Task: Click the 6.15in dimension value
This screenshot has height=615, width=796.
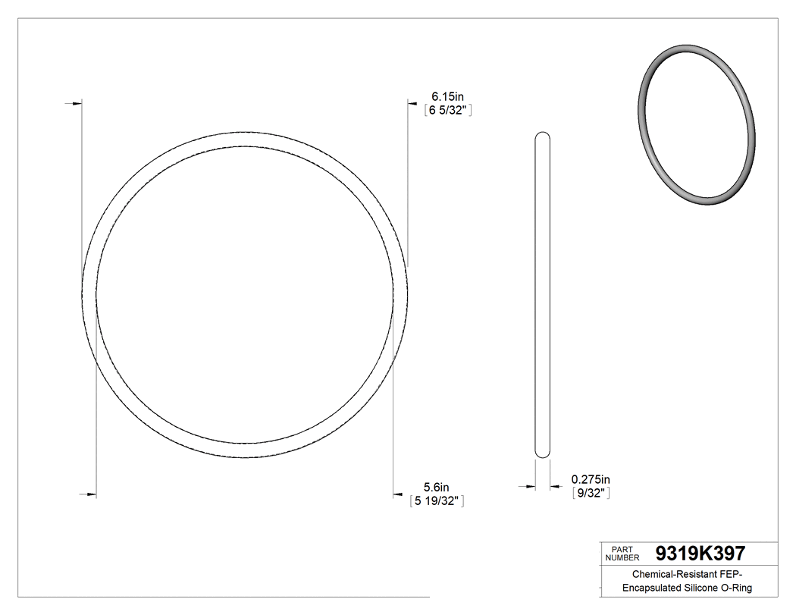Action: [x=448, y=96]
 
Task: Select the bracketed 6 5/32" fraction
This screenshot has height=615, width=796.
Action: [x=448, y=111]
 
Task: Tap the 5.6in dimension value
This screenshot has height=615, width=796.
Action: [x=437, y=487]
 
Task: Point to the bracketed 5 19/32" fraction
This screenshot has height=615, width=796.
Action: [x=437, y=501]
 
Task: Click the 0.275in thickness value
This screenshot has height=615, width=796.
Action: [x=591, y=479]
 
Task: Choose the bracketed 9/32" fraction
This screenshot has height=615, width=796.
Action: [x=591, y=494]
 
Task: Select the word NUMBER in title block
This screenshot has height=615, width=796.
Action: [x=623, y=557]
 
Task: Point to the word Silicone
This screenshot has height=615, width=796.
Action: [x=706, y=588]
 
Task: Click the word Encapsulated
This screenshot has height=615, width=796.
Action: [x=653, y=588]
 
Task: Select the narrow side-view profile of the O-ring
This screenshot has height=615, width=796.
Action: [x=543, y=296]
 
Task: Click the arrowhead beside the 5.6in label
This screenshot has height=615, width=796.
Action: [x=397, y=495]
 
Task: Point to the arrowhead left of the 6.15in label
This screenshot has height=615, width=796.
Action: [x=413, y=102]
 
